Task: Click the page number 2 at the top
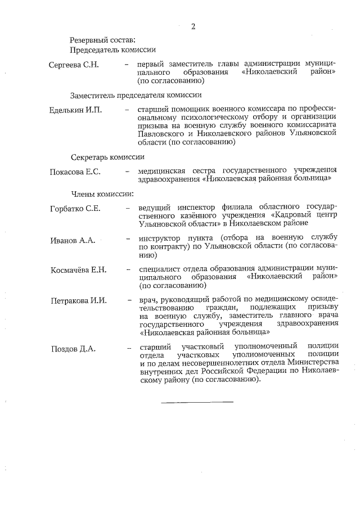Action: (193, 26)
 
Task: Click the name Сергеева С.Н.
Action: (74, 65)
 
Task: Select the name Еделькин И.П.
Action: (76, 109)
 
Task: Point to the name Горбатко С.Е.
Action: (75, 209)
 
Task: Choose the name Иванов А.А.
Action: (71, 240)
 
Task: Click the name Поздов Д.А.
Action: (73, 349)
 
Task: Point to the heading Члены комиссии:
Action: (102, 194)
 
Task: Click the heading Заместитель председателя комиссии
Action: (136, 94)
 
